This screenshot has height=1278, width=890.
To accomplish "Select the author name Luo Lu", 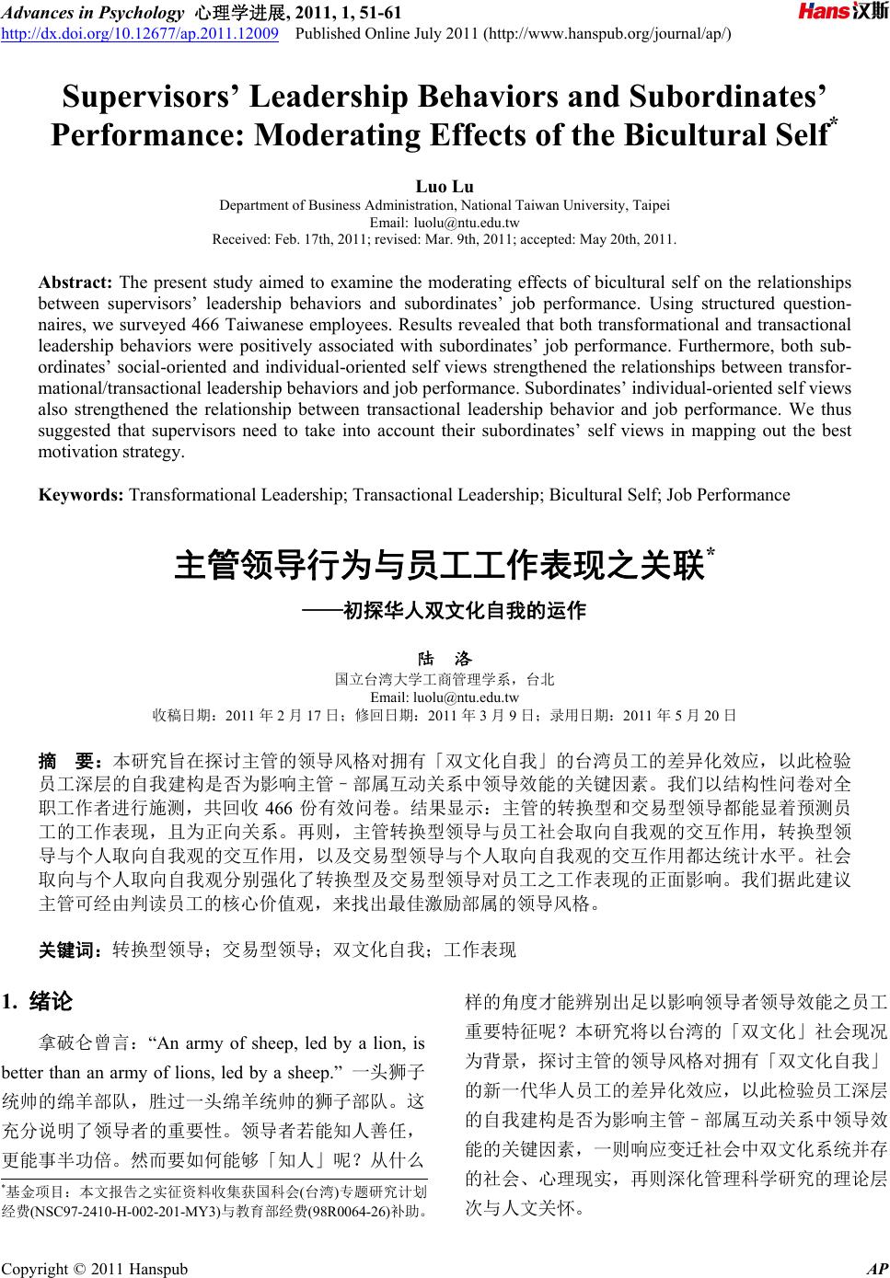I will [445, 188].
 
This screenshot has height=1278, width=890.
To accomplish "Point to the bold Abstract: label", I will [75, 282].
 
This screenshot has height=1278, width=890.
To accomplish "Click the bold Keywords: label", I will [81, 495].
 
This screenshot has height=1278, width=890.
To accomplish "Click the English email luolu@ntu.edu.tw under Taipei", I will [468, 223].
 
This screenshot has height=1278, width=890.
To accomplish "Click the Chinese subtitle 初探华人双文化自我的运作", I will [463, 610].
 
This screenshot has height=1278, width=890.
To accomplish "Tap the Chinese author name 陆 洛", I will [445, 659].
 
